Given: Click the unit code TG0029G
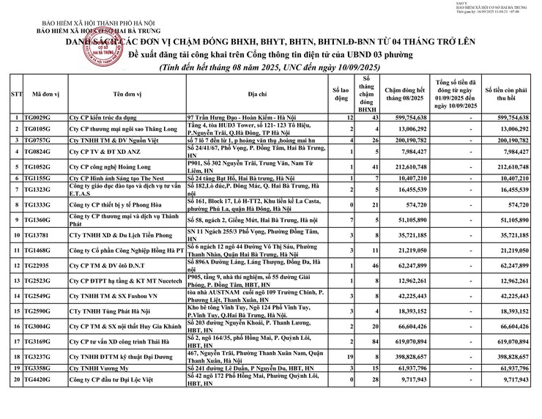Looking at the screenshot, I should [x=37, y=117].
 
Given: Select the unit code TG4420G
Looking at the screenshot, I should [x=37, y=380].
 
